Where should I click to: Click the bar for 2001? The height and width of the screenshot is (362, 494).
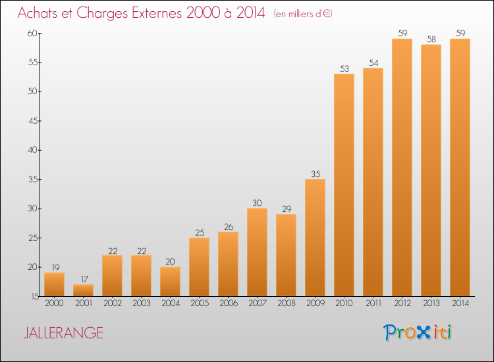click(83, 290)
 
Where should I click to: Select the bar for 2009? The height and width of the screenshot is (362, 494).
click(315, 238)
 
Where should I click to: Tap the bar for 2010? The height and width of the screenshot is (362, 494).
click(344, 185)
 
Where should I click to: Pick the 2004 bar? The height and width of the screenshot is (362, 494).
click(170, 282)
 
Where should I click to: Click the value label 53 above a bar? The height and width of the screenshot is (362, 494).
click(344, 68)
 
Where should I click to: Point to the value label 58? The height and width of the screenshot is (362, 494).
click(431, 39)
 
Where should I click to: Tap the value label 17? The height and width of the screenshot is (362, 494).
click(84, 279)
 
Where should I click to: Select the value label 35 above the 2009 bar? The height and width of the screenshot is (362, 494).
click(316, 174)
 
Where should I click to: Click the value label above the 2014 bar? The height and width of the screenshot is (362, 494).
click(460, 34)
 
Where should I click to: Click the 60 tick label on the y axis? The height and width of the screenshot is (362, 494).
click(32, 33)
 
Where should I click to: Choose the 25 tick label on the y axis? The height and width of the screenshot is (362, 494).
click(33, 238)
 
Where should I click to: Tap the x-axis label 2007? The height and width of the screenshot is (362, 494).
click(258, 303)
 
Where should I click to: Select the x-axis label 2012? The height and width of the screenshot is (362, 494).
click(402, 303)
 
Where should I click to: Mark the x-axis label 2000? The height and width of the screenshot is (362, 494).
click(54, 303)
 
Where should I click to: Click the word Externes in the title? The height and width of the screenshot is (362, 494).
click(157, 13)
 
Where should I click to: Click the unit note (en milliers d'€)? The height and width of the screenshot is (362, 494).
click(303, 14)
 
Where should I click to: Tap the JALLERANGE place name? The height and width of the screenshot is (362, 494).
click(64, 333)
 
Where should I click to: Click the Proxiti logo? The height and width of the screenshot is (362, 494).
click(418, 332)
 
